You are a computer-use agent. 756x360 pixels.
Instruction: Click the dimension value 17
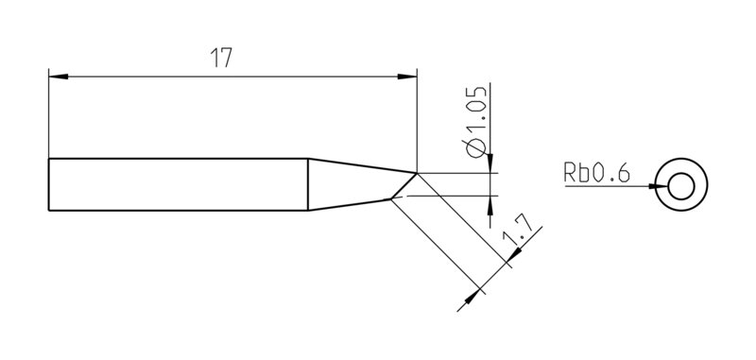221,58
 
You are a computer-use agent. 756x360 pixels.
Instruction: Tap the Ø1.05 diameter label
475,122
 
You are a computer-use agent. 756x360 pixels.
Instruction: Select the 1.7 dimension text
518,231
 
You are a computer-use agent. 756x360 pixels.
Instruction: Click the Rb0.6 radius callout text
597,173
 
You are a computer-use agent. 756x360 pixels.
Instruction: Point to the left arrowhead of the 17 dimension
59,77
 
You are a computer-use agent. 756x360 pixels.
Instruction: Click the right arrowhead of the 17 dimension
407,77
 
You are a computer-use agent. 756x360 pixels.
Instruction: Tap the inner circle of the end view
681,186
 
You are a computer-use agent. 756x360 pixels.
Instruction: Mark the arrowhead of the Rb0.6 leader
659,186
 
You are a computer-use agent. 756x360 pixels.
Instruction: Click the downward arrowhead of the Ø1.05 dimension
490,163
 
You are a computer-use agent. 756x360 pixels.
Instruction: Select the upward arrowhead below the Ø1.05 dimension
490,206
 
